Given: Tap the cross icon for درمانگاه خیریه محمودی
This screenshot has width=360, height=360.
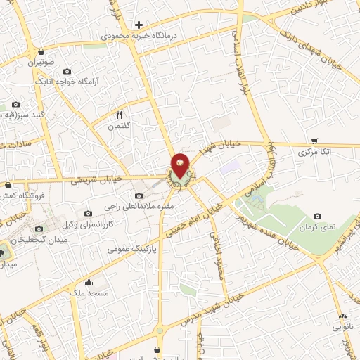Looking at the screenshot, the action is coord(139,25).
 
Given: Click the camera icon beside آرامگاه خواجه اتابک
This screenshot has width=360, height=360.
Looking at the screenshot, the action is coord(67,72).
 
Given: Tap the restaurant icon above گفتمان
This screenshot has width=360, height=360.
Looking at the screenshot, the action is coord(120,115).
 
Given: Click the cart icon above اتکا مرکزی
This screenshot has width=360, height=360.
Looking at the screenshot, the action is coord(314,141).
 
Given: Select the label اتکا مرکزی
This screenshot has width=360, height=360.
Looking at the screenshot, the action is coord(314,152).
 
